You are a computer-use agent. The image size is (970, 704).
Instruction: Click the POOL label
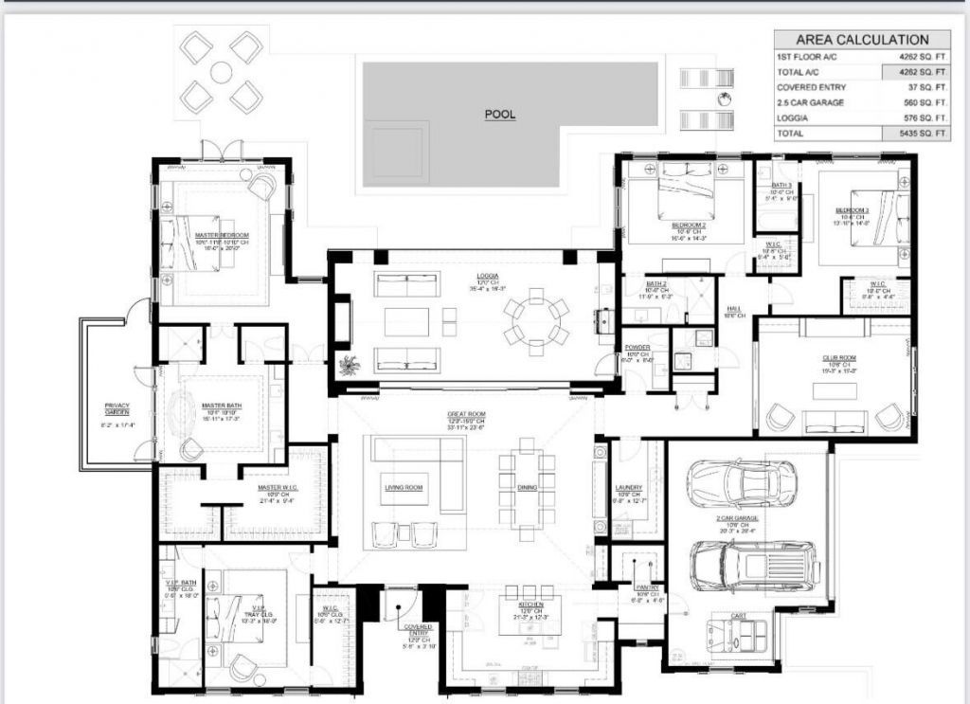pos(499,115)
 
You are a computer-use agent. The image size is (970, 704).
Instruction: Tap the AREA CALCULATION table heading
pos(861,40)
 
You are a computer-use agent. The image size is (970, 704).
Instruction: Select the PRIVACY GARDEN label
pos(117,408)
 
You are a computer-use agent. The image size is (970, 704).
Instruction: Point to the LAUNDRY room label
pos(628,487)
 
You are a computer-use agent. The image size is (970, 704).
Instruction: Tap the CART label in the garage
pos(739,616)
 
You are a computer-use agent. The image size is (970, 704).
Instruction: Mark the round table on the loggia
pos(536,321)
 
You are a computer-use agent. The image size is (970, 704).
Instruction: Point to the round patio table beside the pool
pos(222,70)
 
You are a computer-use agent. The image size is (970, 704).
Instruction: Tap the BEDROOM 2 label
pos(689,225)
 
